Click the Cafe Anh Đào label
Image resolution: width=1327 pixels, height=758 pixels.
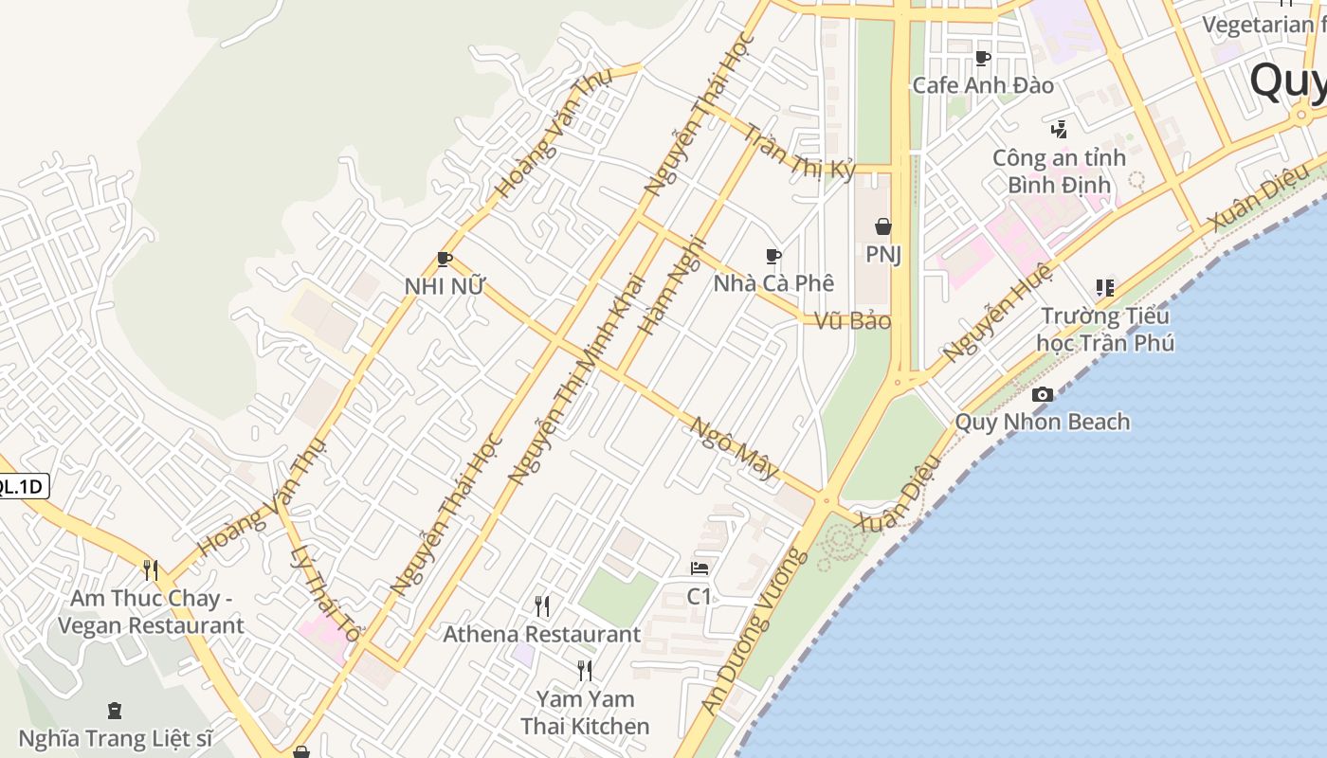983,85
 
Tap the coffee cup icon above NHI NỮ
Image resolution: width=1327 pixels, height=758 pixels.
444,259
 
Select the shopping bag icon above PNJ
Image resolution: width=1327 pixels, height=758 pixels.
882,226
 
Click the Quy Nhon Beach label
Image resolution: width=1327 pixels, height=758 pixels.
1042,422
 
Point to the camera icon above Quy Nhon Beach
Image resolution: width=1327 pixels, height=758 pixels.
1042,394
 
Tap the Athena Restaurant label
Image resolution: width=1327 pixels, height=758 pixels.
542,634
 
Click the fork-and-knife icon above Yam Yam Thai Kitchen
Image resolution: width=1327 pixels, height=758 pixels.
585,671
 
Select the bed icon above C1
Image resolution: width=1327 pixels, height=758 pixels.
700,568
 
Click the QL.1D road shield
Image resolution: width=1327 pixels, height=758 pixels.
21,487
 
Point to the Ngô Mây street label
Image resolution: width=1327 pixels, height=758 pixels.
734,447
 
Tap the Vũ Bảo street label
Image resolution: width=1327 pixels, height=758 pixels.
853,321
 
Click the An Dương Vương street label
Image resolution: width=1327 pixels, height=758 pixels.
755,631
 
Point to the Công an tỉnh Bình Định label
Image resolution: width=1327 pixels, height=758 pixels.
1058,171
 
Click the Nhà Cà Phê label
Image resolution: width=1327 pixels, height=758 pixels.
773,283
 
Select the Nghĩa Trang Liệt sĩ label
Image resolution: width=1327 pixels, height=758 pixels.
115,738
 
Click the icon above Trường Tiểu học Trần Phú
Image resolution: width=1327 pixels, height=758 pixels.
1104,287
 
